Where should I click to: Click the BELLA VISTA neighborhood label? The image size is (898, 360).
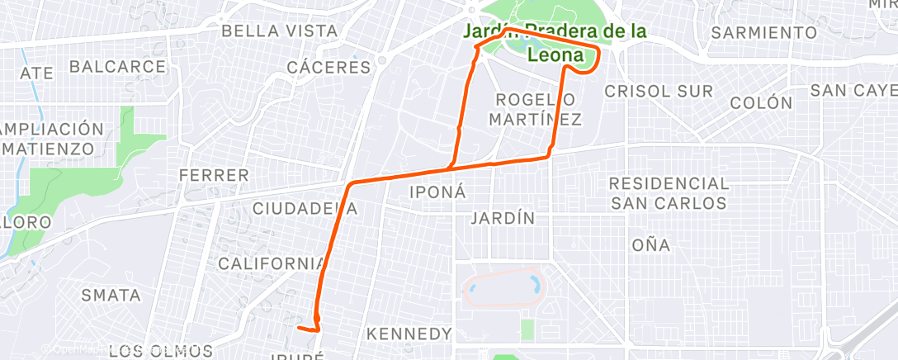click(280, 31)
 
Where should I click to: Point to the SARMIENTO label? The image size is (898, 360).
click(763, 33)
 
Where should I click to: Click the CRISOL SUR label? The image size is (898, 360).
click(659, 92)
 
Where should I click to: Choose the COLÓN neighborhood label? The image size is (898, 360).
click(761, 103)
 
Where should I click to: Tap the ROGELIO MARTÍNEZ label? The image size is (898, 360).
click(535, 109)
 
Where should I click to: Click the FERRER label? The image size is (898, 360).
click(214, 175)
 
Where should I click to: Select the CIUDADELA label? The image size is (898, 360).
click(305, 208)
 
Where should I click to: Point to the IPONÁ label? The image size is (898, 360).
click(438, 192)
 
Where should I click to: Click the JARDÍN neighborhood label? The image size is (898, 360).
click(502, 219)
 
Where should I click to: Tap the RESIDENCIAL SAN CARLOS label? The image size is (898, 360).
click(669, 192)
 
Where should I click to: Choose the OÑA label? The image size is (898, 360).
click(650, 245)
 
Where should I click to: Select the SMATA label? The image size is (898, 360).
click(111, 295)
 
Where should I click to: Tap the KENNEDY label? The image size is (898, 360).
click(409, 334)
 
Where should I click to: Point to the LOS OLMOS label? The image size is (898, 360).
click(160, 351)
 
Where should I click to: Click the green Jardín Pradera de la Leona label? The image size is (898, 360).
click(555, 42)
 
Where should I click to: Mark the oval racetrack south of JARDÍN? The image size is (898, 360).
click(504, 286)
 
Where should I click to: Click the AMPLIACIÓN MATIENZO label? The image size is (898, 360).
click(53, 139)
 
